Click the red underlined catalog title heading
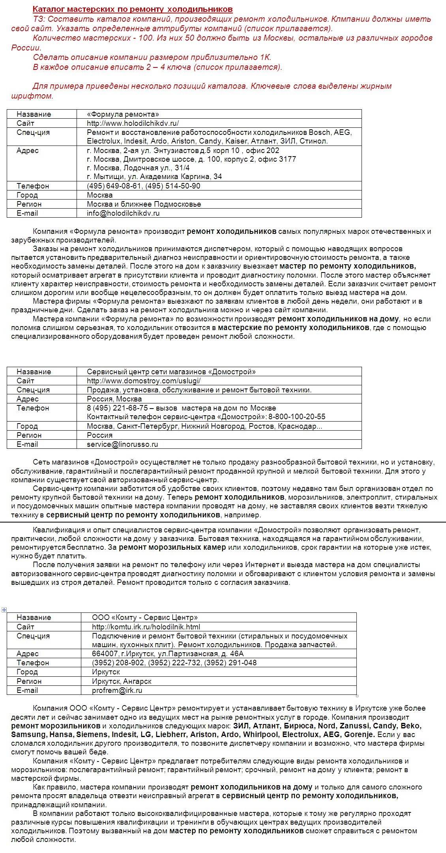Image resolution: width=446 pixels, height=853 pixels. [133, 9]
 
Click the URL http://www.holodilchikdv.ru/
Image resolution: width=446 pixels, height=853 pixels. [133, 123]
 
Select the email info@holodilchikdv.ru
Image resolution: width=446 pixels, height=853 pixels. [123, 213]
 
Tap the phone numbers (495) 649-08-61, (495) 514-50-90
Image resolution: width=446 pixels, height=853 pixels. [143, 186]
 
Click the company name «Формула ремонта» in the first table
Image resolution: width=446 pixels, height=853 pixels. [123, 114]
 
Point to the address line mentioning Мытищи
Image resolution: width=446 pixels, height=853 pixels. [154, 177]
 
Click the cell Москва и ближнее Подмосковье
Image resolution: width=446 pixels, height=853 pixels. [144, 204]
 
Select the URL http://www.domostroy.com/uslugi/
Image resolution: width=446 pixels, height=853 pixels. [144, 381]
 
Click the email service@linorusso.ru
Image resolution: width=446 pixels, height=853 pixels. [122, 444]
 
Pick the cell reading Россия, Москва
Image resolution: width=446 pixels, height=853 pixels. [114, 399]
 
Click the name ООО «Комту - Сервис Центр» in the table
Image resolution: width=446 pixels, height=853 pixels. [144, 618]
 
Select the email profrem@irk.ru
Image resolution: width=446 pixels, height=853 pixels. [117, 691]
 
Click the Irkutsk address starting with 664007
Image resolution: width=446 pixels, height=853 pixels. [168, 654]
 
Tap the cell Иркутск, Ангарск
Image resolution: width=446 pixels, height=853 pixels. [122, 681]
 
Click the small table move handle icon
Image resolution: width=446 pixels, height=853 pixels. [4, 610]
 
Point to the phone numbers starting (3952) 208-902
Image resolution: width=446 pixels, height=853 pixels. [174, 663]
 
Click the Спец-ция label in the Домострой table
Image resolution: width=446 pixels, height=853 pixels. [33, 390]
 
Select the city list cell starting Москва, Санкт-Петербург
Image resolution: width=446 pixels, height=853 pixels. [204, 426]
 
